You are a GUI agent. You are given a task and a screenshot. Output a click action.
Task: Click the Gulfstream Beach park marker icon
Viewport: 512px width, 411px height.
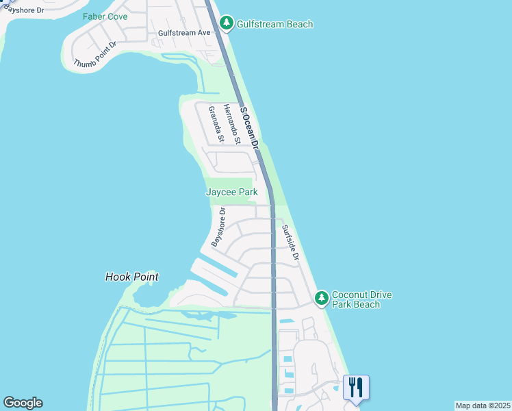pyautogui.click(x=228, y=24)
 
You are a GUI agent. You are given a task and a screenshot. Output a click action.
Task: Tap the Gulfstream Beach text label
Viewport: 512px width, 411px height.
pyautogui.click(x=274, y=25)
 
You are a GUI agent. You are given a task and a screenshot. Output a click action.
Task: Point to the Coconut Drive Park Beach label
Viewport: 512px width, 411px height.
pyautogui.click(x=361, y=299)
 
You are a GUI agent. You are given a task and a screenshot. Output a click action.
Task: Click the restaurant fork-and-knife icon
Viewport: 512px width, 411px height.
pyautogui.click(x=356, y=388)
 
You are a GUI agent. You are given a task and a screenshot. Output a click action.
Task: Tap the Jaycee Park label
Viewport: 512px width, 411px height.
pyautogui.click(x=232, y=192)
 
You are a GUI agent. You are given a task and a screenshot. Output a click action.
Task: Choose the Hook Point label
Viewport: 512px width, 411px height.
pyautogui.click(x=132, y=277)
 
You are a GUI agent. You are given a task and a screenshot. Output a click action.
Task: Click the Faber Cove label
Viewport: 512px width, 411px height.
pyautogui.click(x=105, y=16)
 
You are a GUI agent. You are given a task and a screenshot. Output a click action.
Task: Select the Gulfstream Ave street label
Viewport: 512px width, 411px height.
pyautogui.click(x=183, y=32)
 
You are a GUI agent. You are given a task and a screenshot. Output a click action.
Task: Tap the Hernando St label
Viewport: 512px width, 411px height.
pyautogui.click(x=233, y=124)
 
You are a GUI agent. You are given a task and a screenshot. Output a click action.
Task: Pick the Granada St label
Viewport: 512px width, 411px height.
pyautogui.click(x=216, y=124)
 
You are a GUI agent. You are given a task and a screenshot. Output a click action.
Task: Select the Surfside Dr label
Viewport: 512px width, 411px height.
pyautogui.click(x=291, y=242)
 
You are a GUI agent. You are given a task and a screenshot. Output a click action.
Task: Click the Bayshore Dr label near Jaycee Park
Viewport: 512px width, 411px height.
pyautogui.click(x=218, y=228)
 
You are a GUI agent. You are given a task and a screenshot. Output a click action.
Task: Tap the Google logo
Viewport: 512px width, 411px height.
pyautogui.click(x=23, y=403)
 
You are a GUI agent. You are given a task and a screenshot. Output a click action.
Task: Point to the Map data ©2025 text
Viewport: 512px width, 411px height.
pyautogui.click(x=483, y=406)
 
